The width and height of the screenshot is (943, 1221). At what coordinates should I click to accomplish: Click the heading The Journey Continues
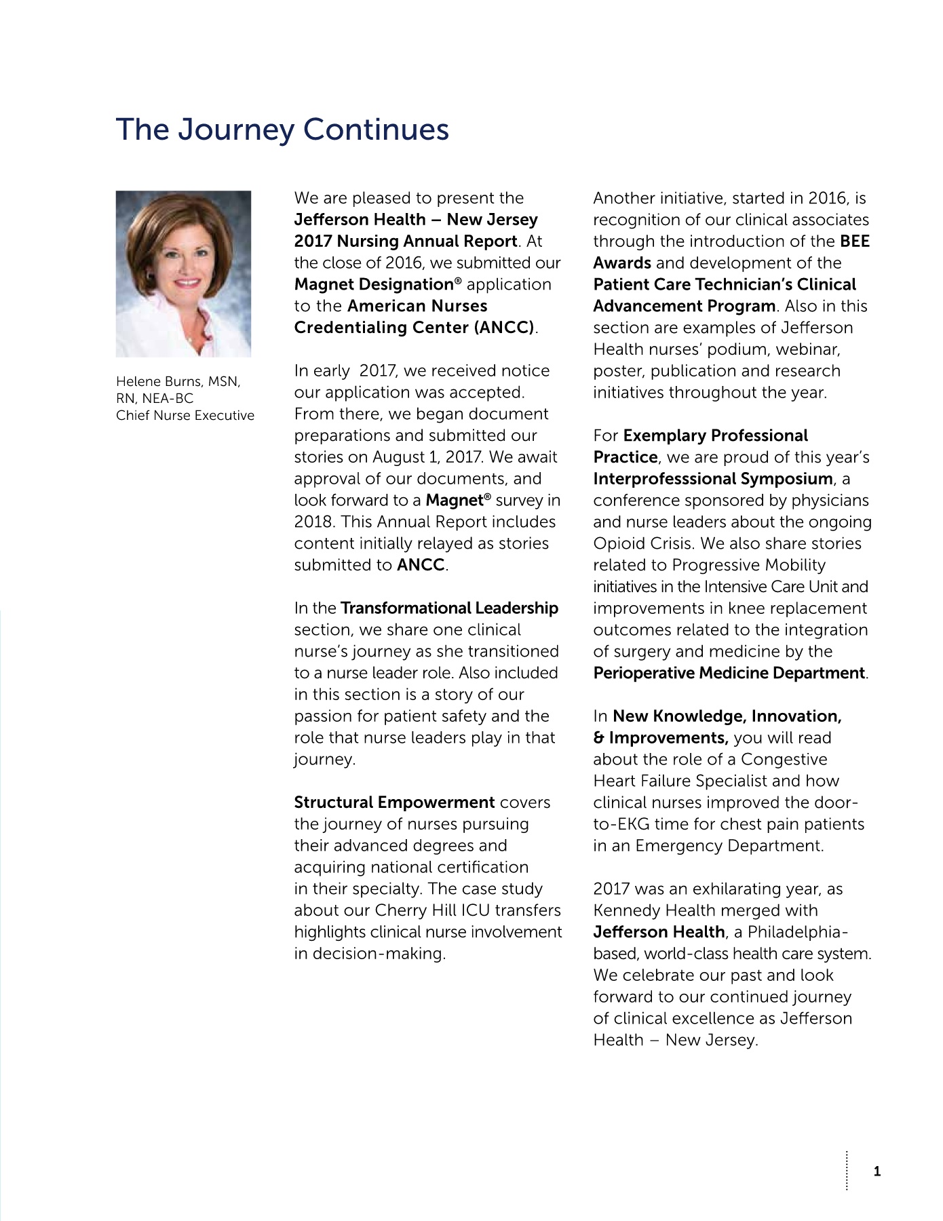[x=282, y=130]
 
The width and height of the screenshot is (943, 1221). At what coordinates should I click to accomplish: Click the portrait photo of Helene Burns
[x=183, y=273]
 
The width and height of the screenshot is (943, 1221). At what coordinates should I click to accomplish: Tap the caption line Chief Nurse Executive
[x=185, y=415]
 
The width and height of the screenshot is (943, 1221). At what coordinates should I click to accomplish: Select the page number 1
[x=877, y=1171]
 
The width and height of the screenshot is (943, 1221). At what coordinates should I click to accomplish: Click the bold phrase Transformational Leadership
[x=449, y=608]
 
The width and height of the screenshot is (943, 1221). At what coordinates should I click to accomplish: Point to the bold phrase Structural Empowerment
[x=394, y=802]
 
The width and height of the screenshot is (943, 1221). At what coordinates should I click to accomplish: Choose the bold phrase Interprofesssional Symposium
[x=713, y=478]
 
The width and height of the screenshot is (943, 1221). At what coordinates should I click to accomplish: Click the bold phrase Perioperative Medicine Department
[x=729, y=673]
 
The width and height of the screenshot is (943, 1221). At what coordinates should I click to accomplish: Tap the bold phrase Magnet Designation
[x=373, y=284]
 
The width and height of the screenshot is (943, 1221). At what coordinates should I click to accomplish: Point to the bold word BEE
[x=854, y=241]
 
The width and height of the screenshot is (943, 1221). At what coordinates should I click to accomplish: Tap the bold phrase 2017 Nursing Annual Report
[x=406, y=241]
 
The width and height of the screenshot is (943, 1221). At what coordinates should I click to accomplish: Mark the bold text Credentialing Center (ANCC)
[x=415, y=327]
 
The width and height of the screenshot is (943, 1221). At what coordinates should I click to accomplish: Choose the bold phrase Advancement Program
[x=684, y=306]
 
